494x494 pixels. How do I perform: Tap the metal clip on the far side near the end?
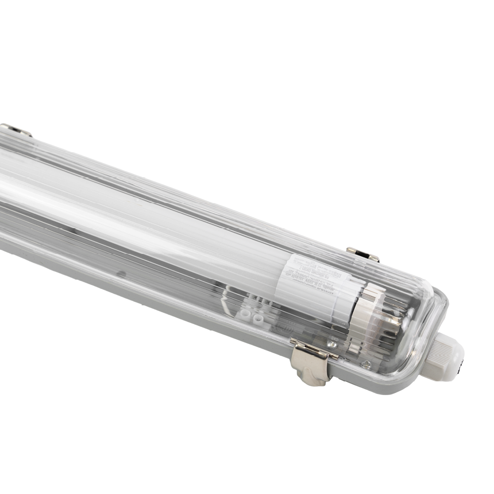(x=363, y=254)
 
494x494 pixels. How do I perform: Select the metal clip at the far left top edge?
(x=15, y=130)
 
